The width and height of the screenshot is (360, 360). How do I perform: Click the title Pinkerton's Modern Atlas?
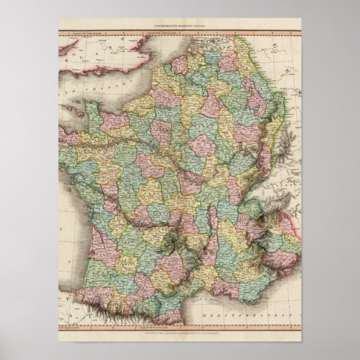[x=179, y=26]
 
